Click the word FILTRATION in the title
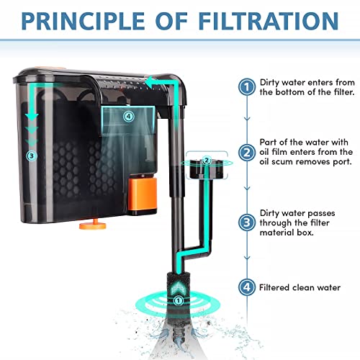(269, 21)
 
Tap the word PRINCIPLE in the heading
(83, 21)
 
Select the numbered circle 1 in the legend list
(247, 86)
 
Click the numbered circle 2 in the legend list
(247, 153)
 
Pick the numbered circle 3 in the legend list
(247, 222)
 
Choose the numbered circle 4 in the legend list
(247, 287)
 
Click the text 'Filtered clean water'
(300, 287)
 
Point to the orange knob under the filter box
(93, 225)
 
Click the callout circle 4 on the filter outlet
(129, 117)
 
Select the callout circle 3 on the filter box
(31, 156)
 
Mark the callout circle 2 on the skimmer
(207, 160)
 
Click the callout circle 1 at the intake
(178, 300)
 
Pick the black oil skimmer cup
(207, 169)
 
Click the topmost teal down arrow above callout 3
(32, 117)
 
